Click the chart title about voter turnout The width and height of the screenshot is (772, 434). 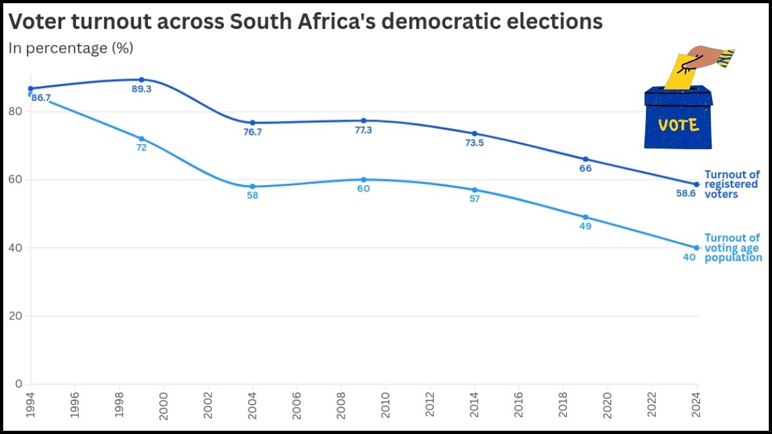[305, 23]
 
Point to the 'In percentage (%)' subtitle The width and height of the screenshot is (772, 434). [70, 48]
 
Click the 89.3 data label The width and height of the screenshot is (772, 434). [142, 89]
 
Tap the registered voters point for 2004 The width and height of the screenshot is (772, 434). [252, 122]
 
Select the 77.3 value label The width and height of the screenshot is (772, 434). [363, 130]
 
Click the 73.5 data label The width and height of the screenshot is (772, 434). [474, 143]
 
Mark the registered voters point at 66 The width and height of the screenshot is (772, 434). [585, 159]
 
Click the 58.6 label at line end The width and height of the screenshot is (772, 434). [685, 193]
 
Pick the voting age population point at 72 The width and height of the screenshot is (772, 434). [142, 138]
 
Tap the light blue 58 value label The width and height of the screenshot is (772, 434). [252, 195]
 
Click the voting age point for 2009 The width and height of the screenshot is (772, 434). [363, 179]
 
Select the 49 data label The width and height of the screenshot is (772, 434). [585, 226]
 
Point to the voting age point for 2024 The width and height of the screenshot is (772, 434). [697, 248]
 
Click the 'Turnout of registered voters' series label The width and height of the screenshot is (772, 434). [732, 184]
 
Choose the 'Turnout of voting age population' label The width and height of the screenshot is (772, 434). [733, 248]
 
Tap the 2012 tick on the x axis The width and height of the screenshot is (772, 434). [430, 405]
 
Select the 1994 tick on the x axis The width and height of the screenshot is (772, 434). [30, 405]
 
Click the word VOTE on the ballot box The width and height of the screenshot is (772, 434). [679, 125]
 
